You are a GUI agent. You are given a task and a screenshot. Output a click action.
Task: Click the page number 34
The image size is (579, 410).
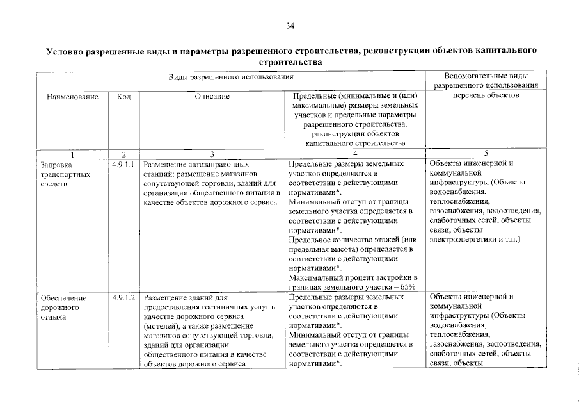tap(290, 26)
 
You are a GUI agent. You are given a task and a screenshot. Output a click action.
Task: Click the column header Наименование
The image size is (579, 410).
tap(72, 97)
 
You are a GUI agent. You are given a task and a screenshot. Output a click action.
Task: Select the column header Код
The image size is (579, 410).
tap(124, 97)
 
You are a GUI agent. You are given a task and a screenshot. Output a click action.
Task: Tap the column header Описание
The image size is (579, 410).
tap(212, 97)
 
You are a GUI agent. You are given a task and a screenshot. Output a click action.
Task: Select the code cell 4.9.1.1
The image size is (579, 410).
tap(124, 164)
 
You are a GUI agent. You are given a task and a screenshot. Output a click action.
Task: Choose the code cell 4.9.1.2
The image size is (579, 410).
tap(124, 298)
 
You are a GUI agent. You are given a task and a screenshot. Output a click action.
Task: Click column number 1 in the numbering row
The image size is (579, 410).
tap(72, 154)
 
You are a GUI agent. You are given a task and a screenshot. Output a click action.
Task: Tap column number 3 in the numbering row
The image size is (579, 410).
tap(212, 154)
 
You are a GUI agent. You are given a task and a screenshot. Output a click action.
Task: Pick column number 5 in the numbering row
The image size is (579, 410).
tap(486, 154)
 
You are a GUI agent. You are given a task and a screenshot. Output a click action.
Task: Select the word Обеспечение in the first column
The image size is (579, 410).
tap(63, 298)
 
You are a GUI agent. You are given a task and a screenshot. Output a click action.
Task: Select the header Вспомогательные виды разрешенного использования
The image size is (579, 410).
tap(486, 81)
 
